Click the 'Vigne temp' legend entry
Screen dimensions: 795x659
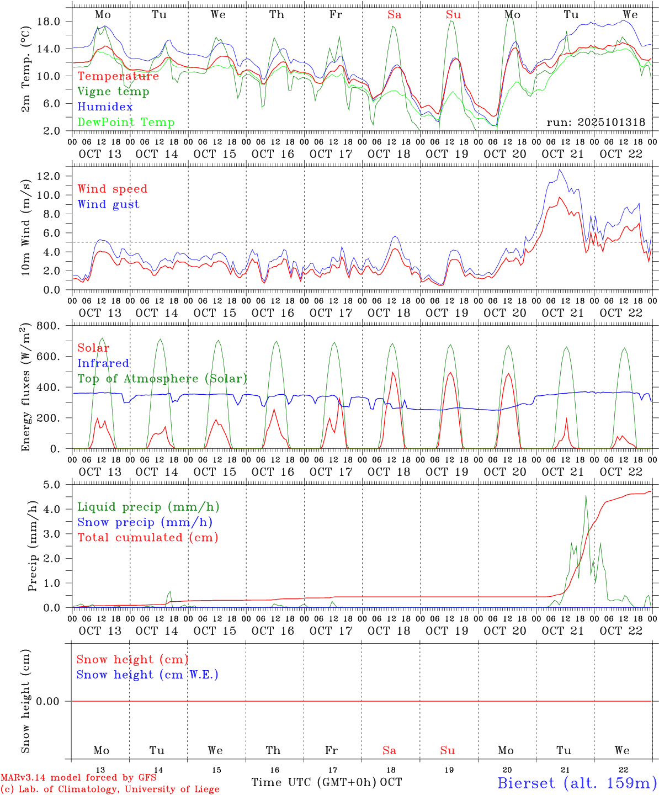113,92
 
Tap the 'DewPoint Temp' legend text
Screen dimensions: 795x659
126,123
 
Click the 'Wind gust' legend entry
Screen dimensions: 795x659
108,204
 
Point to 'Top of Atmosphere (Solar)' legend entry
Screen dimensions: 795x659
162,379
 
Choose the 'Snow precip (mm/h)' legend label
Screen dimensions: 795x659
145,522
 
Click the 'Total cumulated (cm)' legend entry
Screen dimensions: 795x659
147,538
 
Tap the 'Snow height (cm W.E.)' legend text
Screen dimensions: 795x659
147,675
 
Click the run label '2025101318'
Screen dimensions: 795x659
596,123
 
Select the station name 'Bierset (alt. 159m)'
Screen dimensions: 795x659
577,783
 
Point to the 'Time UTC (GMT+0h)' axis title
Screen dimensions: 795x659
313,782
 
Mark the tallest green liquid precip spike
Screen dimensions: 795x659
586,496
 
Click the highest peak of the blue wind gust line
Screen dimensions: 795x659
560,170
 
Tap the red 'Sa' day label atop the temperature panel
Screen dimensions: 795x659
394,15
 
